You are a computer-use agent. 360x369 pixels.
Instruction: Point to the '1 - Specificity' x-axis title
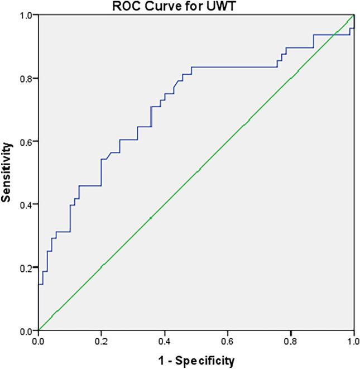[196, 360]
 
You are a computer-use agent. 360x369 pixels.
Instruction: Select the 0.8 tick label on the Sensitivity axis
[25, 78]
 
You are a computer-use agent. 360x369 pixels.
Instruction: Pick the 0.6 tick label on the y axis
[25, 141]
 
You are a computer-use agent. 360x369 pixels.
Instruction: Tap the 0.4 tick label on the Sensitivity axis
[25, 204]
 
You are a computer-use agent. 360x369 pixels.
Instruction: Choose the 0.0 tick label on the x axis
[38, 340]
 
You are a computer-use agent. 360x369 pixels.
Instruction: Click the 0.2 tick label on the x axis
[101, 340]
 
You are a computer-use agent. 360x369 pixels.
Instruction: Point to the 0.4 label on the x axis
[165, 340]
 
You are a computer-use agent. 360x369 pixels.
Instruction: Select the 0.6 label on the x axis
[228, 340]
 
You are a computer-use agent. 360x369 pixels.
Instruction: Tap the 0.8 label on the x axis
[291, 340]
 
